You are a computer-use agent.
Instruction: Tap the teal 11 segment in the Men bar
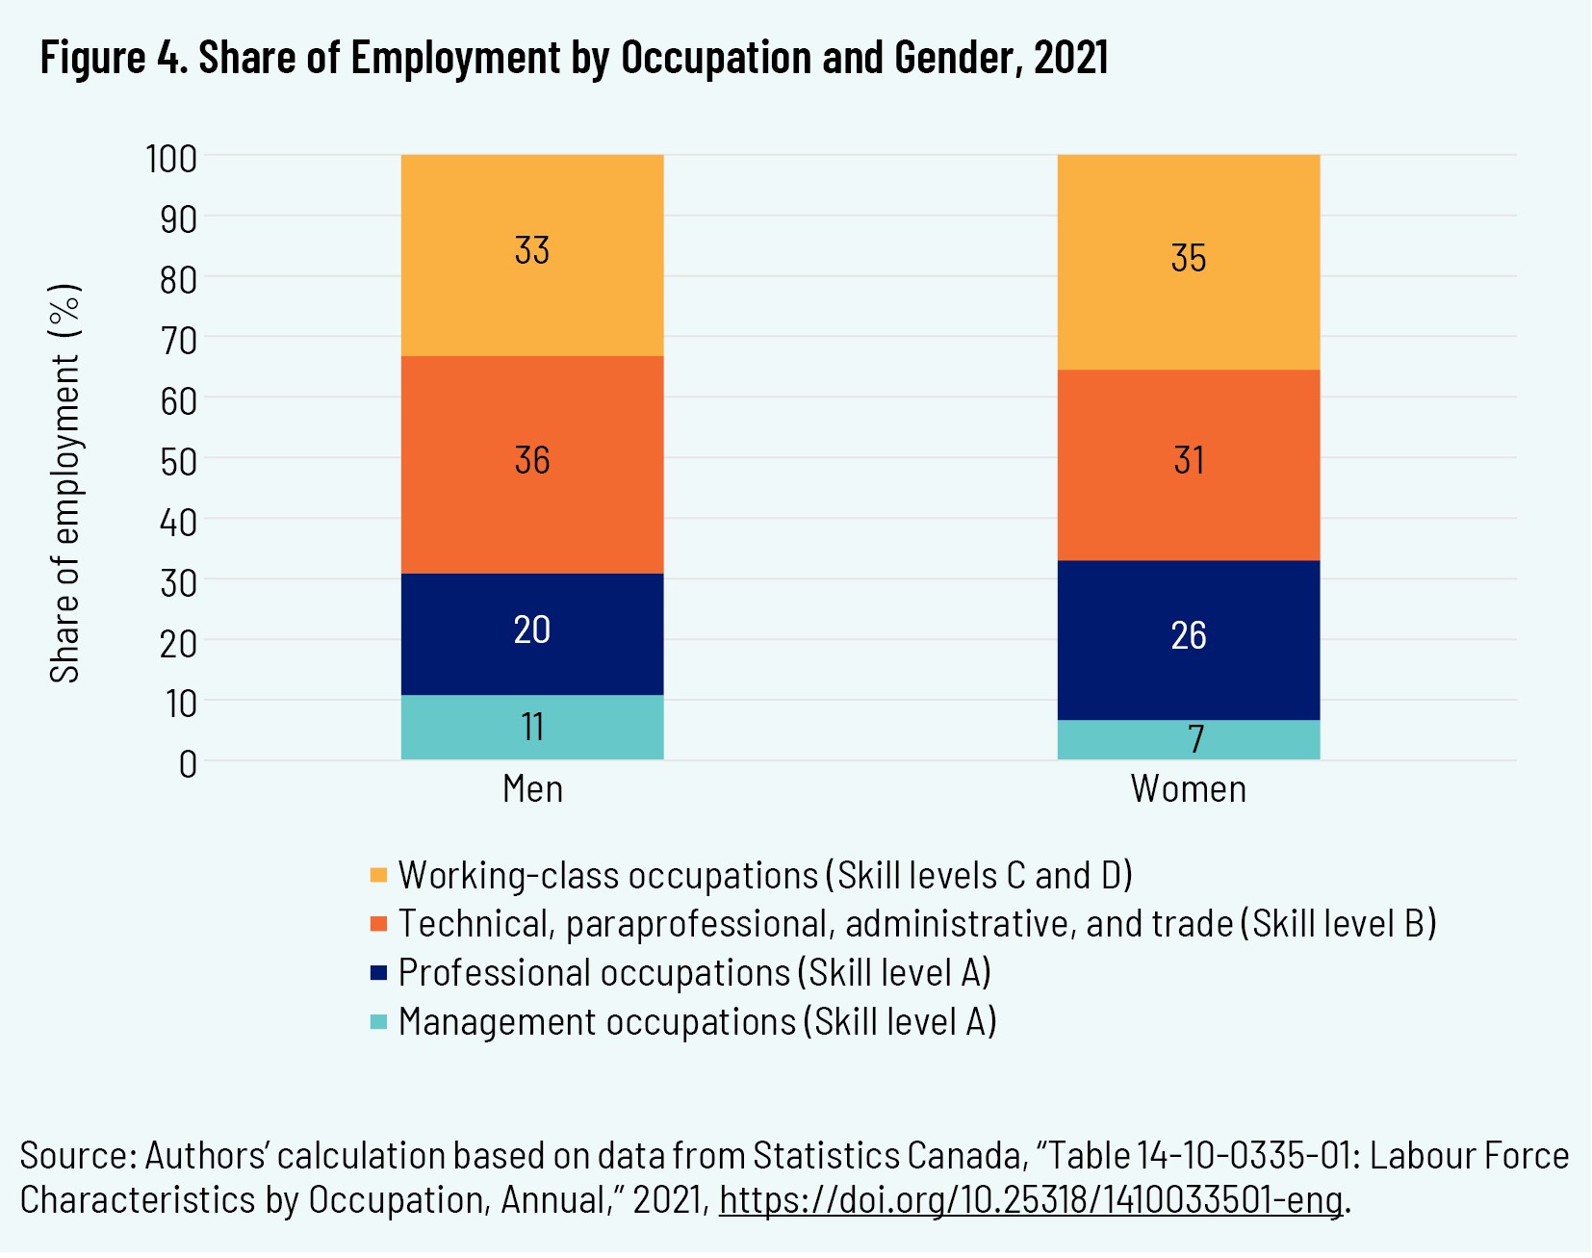coord(532,728)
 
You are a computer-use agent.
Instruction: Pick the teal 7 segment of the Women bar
coord(1189,740)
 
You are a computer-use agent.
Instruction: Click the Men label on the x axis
coord(532,789)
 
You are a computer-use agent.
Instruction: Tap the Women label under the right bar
coord(1189,789)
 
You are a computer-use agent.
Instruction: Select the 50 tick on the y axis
coord(178,462)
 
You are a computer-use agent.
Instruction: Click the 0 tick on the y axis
coord(188,764)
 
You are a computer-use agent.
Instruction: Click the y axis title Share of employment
coord(65,483)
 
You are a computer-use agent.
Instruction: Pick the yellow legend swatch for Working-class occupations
coord(378,875)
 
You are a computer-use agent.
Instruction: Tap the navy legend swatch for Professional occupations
coord(378,973)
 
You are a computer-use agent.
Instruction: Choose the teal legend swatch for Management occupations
coord(378,1022)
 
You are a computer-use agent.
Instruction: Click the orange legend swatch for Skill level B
coord(378,924)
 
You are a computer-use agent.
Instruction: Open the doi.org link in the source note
coord(1030,1200)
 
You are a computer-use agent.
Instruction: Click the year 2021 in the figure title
coord(1070,58)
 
